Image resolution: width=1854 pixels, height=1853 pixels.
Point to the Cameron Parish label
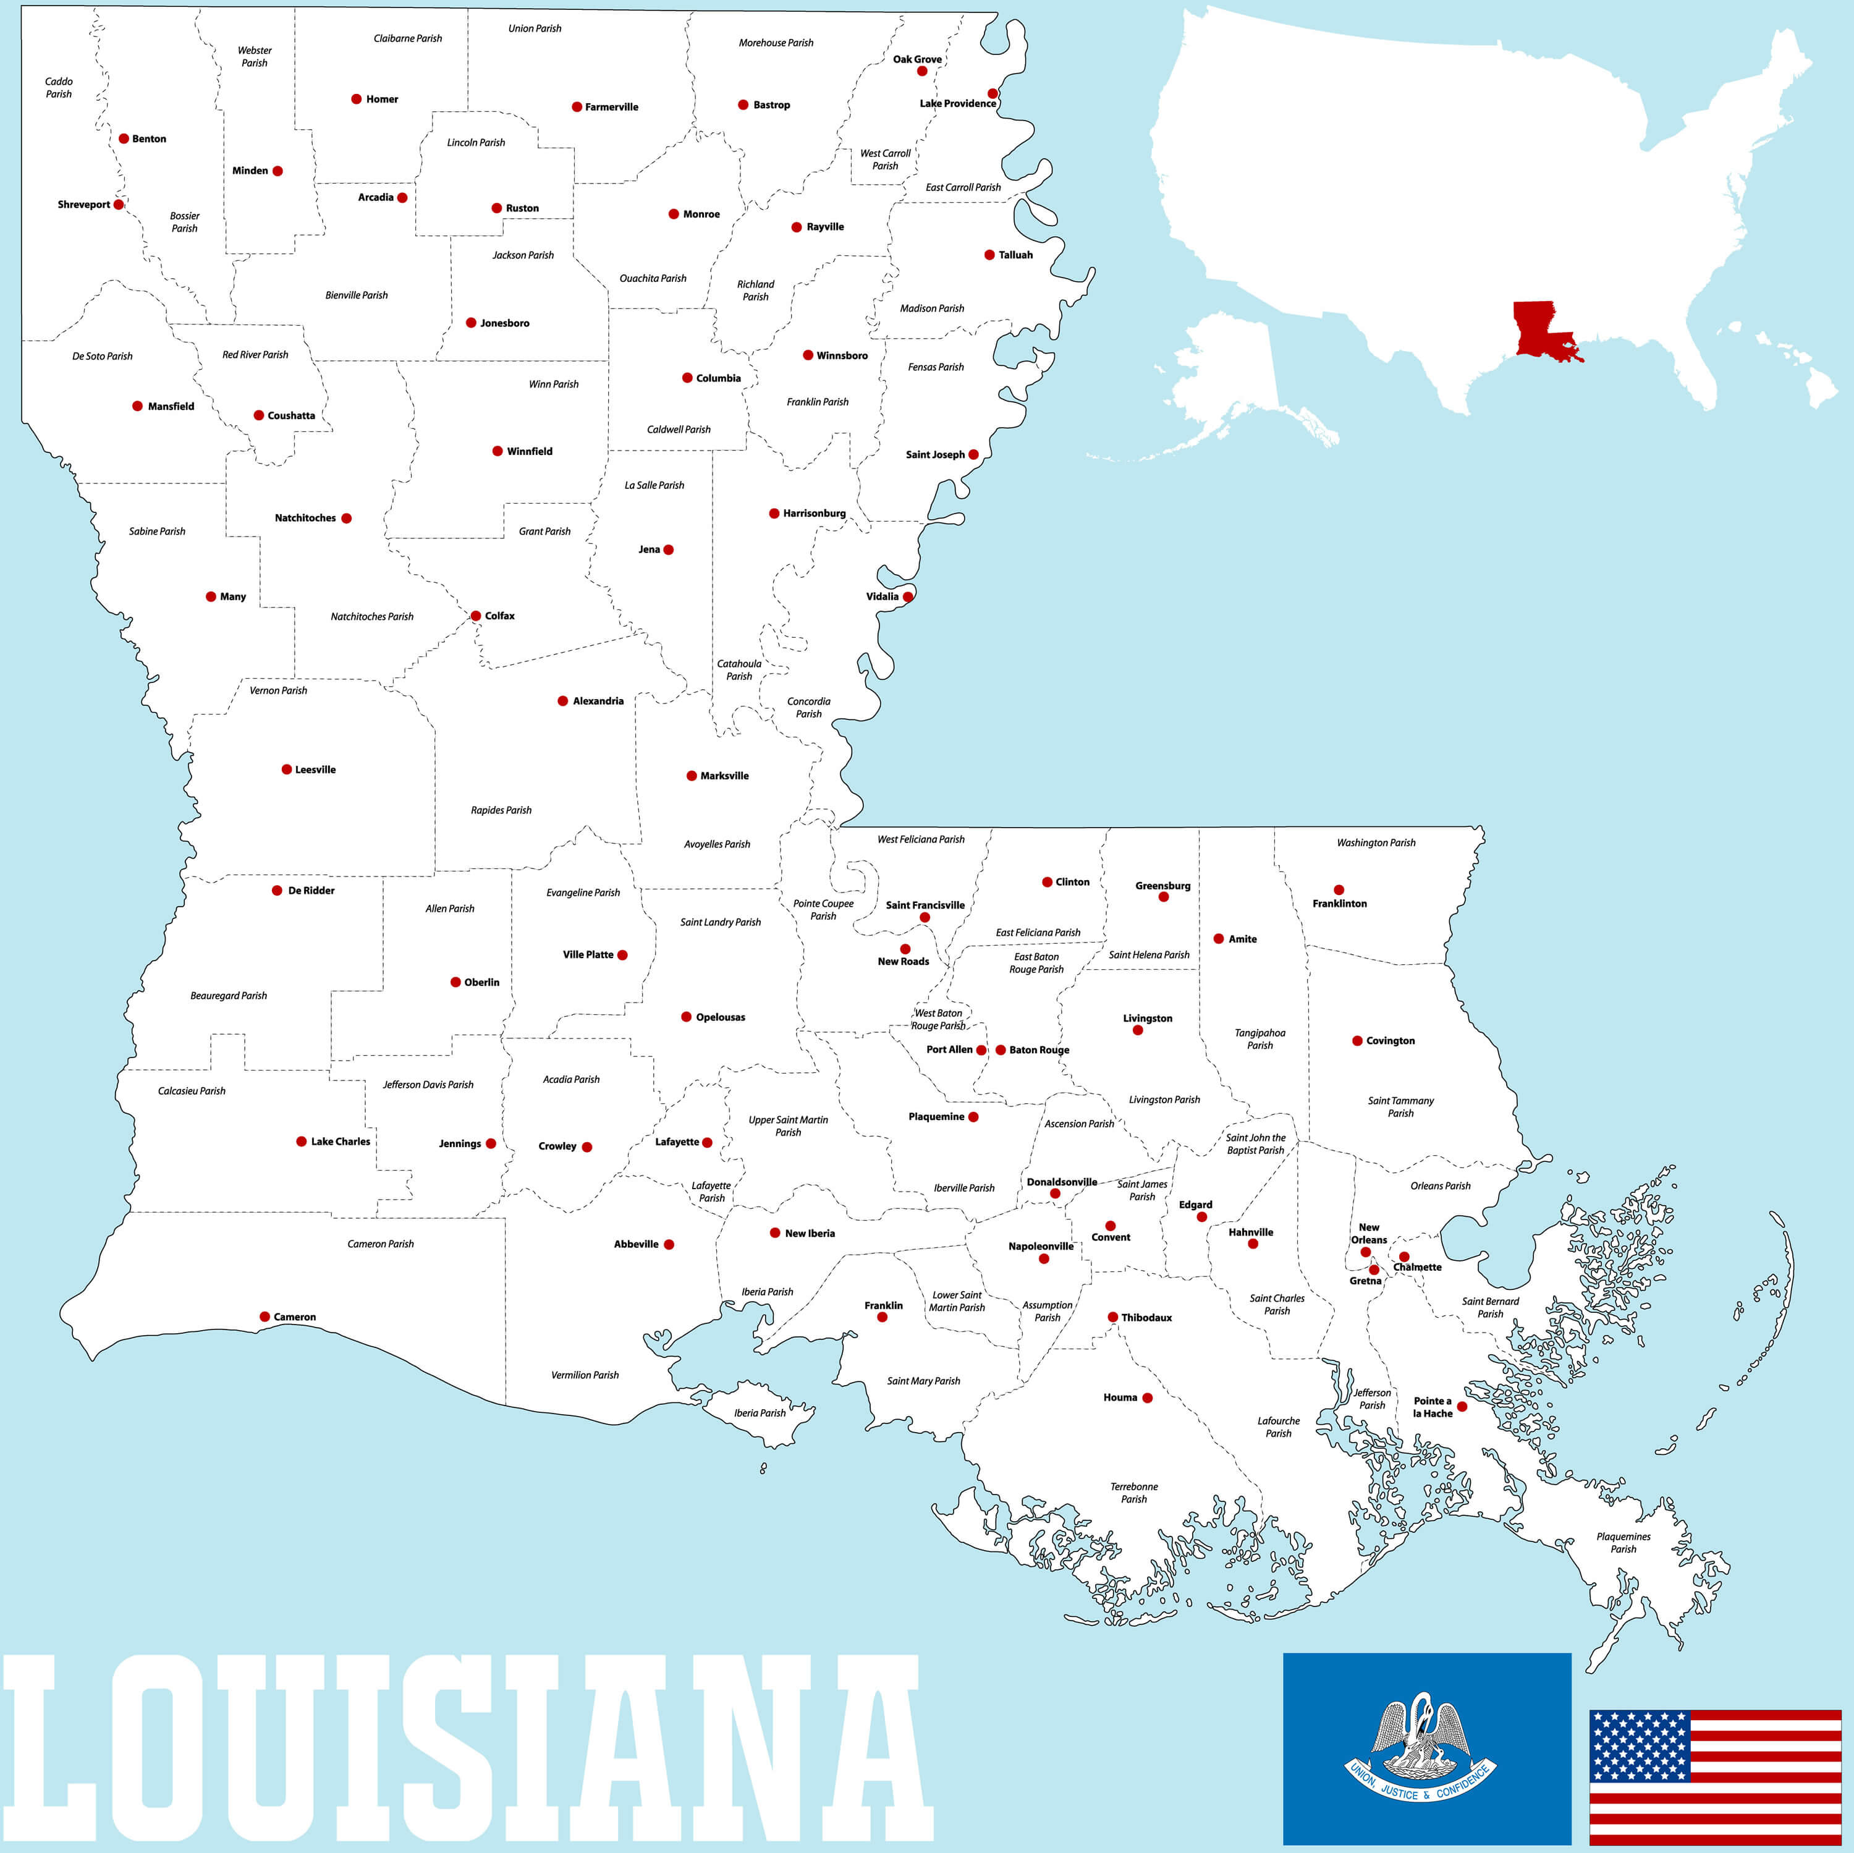click(x=380, y=1244)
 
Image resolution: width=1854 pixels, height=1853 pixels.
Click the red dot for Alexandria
click(x=562, y=700)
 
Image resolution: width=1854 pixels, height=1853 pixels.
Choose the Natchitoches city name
click(x=305, y=518)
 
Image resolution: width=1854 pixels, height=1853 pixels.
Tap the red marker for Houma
click(x=1147, y=1397)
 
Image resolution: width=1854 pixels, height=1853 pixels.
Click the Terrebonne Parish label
click(x=1133, y=1492)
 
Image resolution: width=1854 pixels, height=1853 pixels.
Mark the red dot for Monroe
click(x=674, y=214)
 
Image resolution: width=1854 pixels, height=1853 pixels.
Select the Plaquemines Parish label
click(x=1623, y=1542)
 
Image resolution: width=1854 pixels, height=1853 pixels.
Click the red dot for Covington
click(x=1357, y=1040)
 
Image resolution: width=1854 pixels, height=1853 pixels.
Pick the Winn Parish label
click(x=554, y=384)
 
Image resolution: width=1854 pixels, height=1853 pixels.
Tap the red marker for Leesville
click(x=286, y=770)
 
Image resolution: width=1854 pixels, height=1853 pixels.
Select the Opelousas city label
click(x=720, y=1017)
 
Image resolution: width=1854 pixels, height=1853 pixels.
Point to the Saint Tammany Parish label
click(x=1400, y=1106)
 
